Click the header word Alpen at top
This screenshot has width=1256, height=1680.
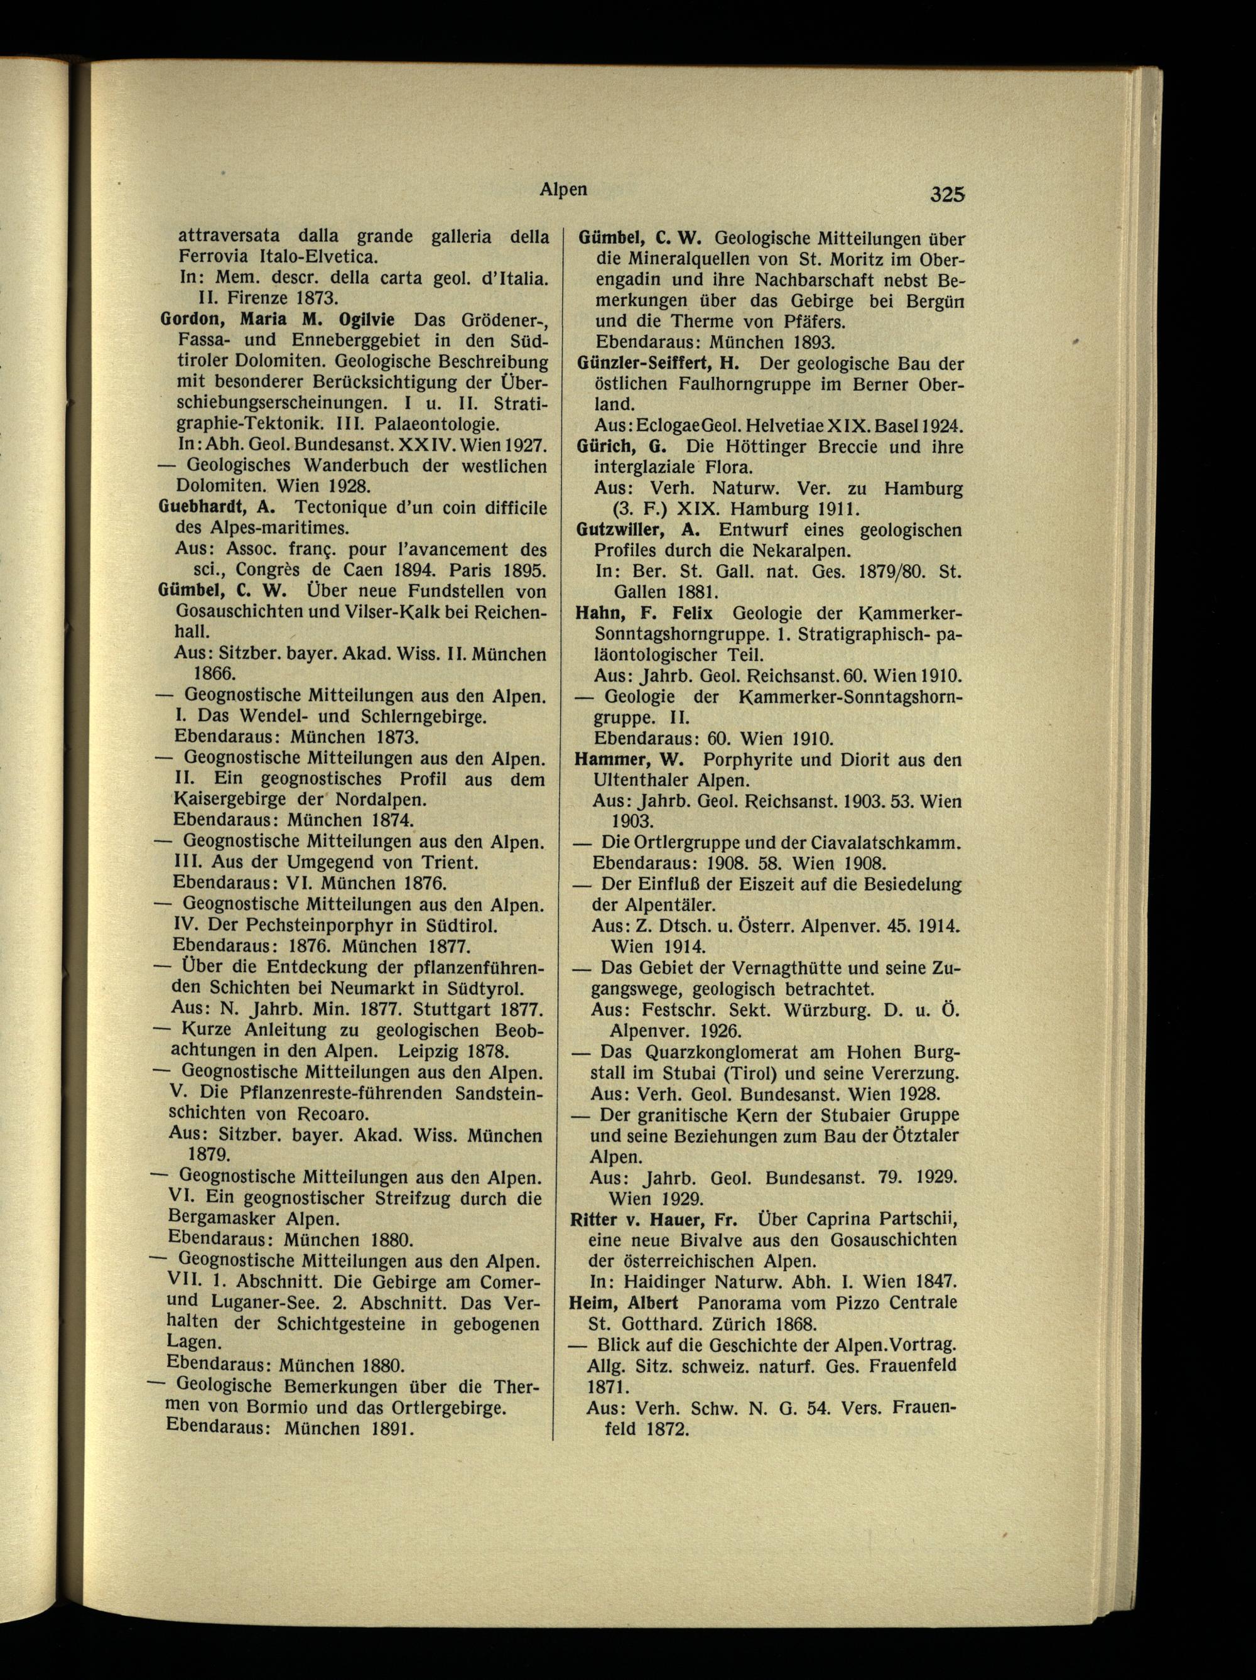[x=563, y=189]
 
